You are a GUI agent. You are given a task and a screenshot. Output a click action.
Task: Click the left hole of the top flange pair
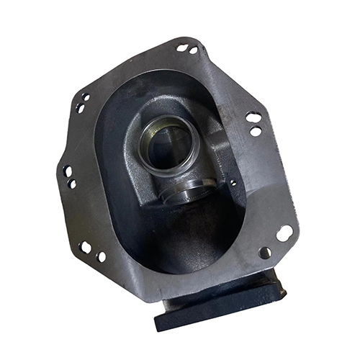[181, 48]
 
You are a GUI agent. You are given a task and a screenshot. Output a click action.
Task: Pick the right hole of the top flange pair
[193, 50]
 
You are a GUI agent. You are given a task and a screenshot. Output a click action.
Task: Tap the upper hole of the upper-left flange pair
[85, 98]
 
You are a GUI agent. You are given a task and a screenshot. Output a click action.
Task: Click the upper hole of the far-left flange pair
[67, 171]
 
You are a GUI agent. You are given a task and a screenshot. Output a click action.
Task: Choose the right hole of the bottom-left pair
[101, 256]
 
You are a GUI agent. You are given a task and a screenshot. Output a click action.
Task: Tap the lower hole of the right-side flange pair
[255, 131]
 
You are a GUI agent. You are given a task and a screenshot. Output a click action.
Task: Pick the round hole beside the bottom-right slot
[265, 253]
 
